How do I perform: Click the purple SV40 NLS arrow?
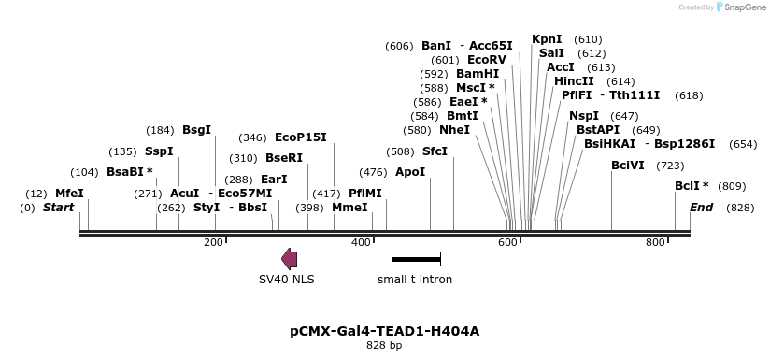(x=290, y=260)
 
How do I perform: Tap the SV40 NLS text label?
(x=287, y=279)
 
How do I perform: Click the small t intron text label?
(x=415, y=279)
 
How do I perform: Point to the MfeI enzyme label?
(x=69, y=193)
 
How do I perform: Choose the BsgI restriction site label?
(x=196, y=130)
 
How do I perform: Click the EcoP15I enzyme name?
(x=301, y=137)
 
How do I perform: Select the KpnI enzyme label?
(x=547, y=39)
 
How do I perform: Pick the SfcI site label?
(x=435, y=151)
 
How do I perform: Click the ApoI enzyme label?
(x=410, y=172)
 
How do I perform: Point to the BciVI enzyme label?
(x=627, y=166)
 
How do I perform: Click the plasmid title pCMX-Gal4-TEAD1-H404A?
(x=384, y=331)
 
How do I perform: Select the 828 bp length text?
(x=384, y=346)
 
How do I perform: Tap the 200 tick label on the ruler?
(x=214, y=243)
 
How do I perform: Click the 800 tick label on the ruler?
(x=655, y=243)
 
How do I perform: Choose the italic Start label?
(x=59, y=207)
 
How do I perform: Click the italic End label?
(x=701, y=207)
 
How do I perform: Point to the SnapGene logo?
(x=743, y=7)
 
